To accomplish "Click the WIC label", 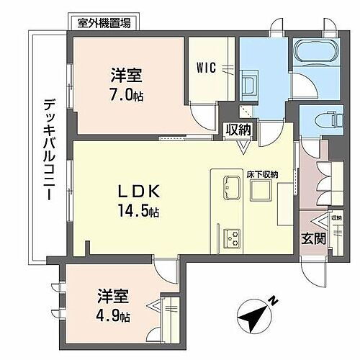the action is (206, 68).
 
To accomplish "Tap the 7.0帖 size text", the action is (126, 96).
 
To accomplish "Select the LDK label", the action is (139, 192).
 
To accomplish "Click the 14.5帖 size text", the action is (138, 211).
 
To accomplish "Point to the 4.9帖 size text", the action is (113, 316).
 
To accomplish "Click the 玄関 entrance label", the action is (314, 238).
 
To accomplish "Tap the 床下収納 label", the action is (262, 174).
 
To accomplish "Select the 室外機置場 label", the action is (104, 23).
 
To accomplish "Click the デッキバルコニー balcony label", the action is (50, 150).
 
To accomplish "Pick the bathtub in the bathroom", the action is (315, 51).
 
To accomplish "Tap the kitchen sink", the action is (232, 187).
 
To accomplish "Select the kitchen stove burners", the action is (232, 238).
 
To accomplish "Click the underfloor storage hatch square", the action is (261, 190).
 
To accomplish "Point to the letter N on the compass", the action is (273, 301).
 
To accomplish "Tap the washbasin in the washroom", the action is (249, 86).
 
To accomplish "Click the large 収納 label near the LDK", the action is (239, 130).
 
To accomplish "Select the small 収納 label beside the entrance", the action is (337, 218).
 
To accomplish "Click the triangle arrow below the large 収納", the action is (243, 147).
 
